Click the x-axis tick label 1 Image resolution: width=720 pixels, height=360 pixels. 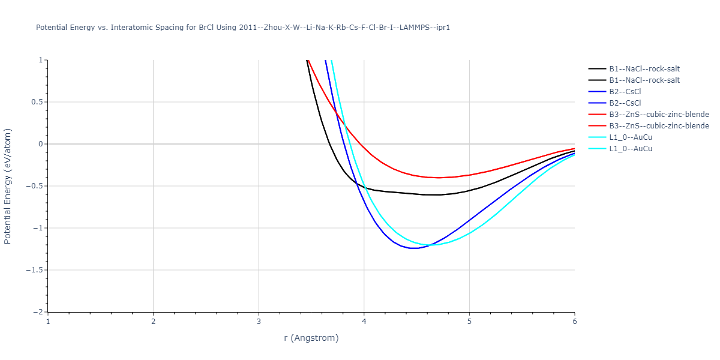[x=48, y=321]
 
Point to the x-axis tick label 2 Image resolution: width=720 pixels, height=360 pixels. [x=154, y=321]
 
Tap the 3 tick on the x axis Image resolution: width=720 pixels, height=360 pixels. [x=259, y=321]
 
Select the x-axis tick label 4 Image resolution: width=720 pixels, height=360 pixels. [x=364, y=321]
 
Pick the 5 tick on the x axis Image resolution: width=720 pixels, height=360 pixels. [x=469, y=321]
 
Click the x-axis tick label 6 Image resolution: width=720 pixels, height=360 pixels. [x=575, y=321]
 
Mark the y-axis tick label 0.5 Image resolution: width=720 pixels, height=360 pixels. [x=37, y=102]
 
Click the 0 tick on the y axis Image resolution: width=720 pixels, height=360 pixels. [x=41, y=144]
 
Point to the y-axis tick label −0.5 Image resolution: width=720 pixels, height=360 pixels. [x=34, y=186]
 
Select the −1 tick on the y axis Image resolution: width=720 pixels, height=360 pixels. [x=38, y=228]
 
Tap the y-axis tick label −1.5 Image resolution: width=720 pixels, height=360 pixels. [x=34, y=270]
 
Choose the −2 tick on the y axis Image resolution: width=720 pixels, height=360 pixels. [x=38, y=312]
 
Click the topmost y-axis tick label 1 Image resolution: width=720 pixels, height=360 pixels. [x=41, y=60]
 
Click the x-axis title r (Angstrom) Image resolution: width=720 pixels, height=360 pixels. [x=311, y=338]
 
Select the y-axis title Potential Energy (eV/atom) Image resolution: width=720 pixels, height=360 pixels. [x=8, y=186]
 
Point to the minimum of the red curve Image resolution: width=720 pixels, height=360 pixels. [x=439, y=178]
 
